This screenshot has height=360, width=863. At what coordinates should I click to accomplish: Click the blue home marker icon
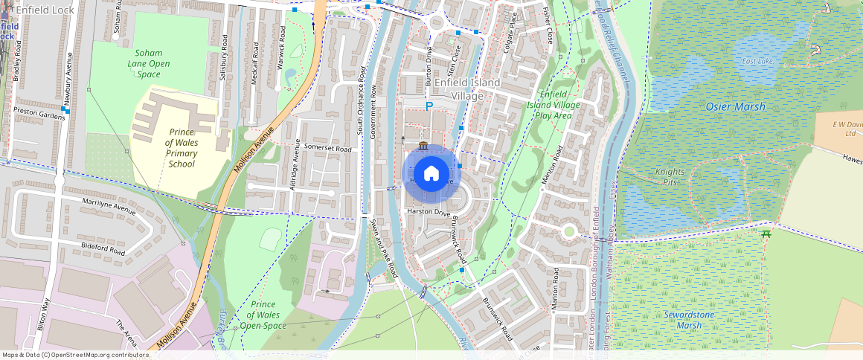coord(431,174)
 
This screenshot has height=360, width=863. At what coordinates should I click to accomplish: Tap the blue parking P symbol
coord(429,106)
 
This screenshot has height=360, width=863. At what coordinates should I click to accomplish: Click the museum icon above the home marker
coord(423,144)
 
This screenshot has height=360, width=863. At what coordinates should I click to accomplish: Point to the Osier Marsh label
coord(734,107)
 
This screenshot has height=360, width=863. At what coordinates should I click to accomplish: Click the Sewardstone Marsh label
coord(682,320)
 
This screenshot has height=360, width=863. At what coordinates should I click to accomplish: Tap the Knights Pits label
coord(670,176)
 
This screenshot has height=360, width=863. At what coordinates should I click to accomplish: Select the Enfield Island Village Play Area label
coord(554,105)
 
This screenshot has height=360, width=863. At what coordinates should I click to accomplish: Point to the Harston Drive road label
coord(429,213)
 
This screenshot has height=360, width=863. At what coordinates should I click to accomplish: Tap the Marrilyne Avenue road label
coord(109,206)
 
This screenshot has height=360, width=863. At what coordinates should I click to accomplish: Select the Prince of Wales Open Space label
coord(263,315)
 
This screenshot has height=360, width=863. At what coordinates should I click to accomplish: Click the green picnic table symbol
coord(766,234)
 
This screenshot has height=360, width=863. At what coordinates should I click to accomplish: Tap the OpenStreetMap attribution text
coord(75,355)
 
